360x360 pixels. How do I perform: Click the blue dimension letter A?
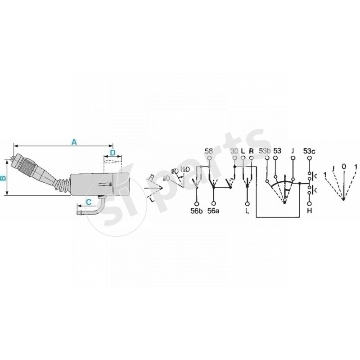click(75, 142)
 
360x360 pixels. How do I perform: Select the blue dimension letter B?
click(4, 178)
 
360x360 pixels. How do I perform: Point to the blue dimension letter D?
click(112, 152)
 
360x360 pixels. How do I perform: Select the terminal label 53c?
click(309, 151)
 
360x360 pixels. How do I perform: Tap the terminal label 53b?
click(265, 151)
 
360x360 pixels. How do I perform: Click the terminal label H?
click(310, 211)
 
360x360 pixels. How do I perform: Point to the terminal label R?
click(251, 151)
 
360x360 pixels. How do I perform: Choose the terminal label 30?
click(234, 151)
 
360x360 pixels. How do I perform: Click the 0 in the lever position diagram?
click(344, 166)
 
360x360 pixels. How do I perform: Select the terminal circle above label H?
click(310, 202)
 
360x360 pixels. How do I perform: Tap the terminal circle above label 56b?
click(196, 202)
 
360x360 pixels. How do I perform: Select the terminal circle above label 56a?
click(213, 202)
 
